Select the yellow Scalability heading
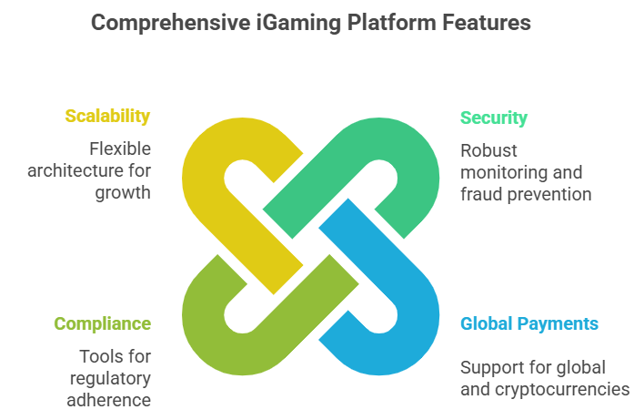(x=107, y=116)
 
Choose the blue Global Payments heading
(x=529, y=323)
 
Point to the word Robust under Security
(x=488, y=150)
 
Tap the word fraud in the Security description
(x=478, y=194)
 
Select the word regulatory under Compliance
(x=110, y=377)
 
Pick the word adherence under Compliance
(x=111, y=399)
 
